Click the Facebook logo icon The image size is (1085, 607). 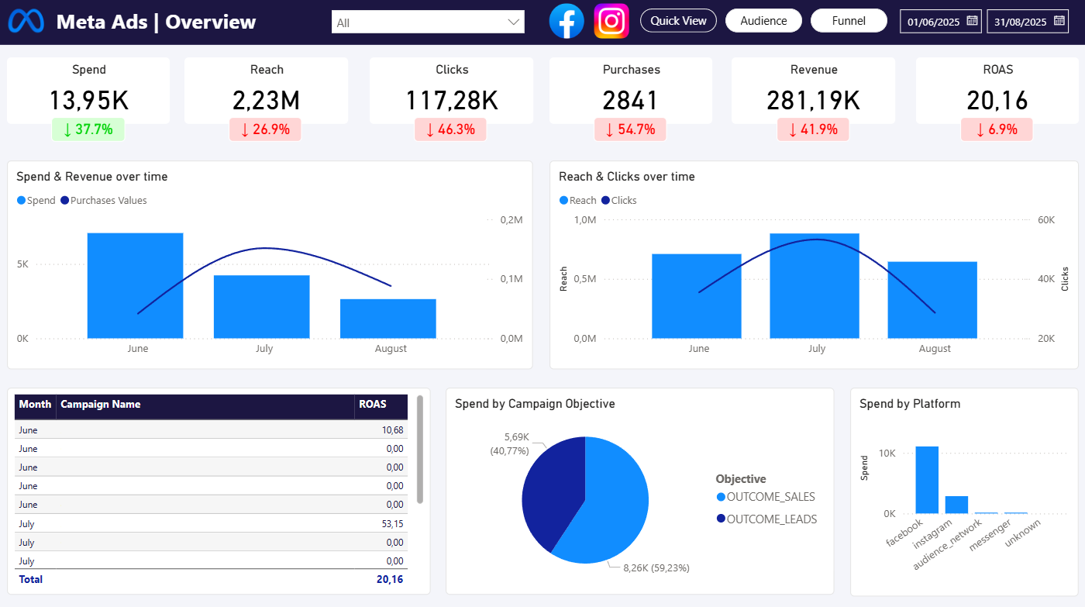(x=567, y=21)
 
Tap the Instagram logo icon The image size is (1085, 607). (x=611, y=21)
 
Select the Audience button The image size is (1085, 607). (x=763, y=21)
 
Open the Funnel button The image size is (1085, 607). (x=849, y=21)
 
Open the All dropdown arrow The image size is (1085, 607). (x=513, y=22)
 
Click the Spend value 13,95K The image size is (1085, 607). (x=88, y=100)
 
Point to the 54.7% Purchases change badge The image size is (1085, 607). (x=632, y=129)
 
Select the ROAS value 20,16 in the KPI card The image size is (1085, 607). (x=997, y=100)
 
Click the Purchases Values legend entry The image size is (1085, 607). (x=108, y=201)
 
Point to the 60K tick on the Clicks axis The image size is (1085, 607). (x=1046, y=220)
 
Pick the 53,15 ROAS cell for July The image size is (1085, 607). (x=392, y=523)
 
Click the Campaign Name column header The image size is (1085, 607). (x=101, y=405)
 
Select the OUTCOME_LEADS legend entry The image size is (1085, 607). (x=770, y=519)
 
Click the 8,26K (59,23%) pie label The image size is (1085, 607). (x=656, y=568)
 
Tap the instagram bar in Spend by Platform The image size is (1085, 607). (x=956, y=505)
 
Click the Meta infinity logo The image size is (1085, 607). (x=26, y=22)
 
